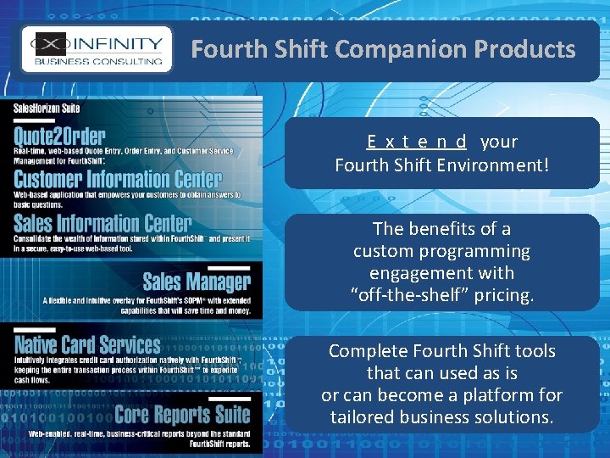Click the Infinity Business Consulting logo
coord(96,48)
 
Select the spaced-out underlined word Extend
coord(417,142)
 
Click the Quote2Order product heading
coord(59,136)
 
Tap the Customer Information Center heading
coord(118,179)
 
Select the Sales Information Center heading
coord(103,223)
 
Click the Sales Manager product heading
coord(197,282)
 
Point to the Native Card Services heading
coord(87,344)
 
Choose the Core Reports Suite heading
coord(182,415)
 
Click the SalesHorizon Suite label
coord(46,108)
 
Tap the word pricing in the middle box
coord(504,295)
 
